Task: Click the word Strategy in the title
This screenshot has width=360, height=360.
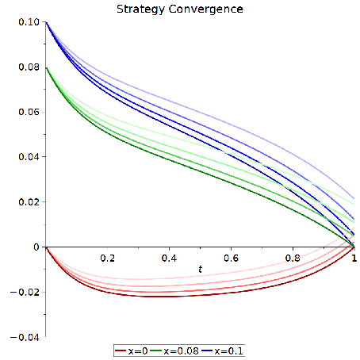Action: coord(140,10)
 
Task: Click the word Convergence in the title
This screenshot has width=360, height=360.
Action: coord(206,9)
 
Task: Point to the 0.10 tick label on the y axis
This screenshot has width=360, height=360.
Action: coord(29,22)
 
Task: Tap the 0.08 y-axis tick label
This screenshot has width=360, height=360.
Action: coord(29,67)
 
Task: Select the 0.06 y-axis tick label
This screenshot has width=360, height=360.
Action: coord(29,112)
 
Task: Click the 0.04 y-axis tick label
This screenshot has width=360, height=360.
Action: coord(29,157)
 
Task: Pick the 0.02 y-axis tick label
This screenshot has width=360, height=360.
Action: coord(29,202)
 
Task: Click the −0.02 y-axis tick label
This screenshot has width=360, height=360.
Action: coord(25,293)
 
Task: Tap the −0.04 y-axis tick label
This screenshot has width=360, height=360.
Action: coord(25,338)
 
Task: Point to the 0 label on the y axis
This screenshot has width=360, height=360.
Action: coord(36,247)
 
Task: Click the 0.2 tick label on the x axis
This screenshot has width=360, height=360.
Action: coord(108,258)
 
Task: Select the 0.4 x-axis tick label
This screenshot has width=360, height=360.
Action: coord(169,258)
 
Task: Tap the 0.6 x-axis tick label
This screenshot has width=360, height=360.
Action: coord(231,258)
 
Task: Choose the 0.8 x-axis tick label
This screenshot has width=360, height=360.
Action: coord(293,258)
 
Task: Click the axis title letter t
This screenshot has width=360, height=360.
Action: coord(201,269)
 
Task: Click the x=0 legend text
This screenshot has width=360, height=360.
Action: coord(138,351)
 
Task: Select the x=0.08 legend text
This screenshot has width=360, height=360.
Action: coord(181,351)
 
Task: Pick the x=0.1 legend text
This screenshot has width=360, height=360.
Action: coord(229,351)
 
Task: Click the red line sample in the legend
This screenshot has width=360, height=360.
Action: coord(121,351)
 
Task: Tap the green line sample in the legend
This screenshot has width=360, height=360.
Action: coord(156,351)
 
